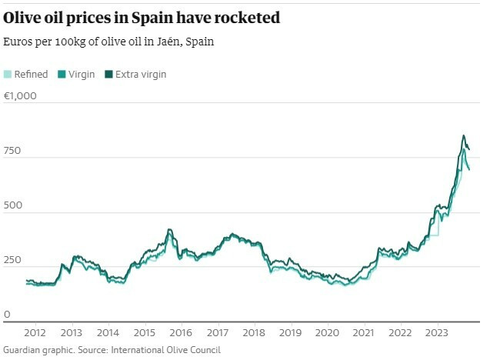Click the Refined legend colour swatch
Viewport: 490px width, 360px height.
[x=8, y=75]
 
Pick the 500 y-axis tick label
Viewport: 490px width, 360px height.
[x=13, y=207]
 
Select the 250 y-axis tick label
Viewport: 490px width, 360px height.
[x=13, y=262]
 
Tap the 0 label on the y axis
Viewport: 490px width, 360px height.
[x=8, y=315]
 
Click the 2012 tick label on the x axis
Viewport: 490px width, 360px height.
[x=34, y=333]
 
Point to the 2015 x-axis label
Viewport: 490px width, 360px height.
[x=144, y=333]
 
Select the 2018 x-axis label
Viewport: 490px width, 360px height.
[x=253, y=333]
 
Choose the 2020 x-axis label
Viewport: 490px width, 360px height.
[x=327, y=333]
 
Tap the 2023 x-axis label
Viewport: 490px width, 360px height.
[x=436, y=333]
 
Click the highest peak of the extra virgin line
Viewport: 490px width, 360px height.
[x=463, y=135]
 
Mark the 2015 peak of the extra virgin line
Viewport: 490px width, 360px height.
[x=168, y=229]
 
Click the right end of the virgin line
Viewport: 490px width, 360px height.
[x=469, y=169]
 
